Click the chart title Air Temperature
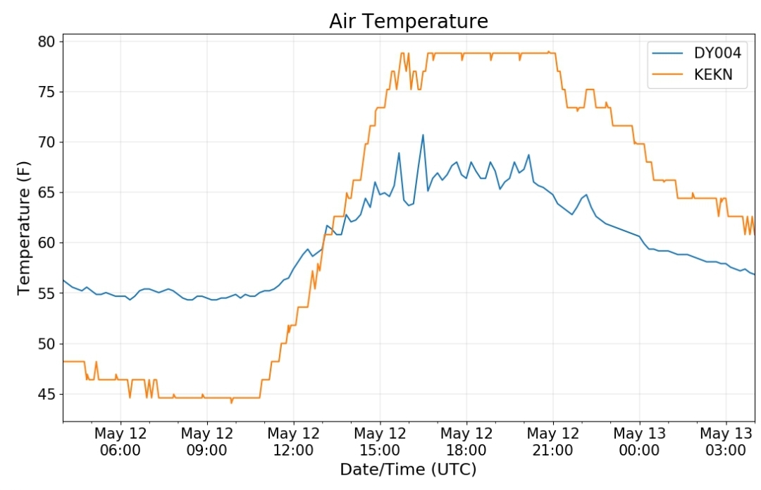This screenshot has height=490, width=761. coord(408,21)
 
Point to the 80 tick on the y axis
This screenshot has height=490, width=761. coord(47,42)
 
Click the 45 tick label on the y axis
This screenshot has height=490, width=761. coord(47,394)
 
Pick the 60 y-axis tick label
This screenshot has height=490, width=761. coord(47,243)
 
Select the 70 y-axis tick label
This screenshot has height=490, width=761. coord(47,142)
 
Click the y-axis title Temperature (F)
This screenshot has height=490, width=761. coord(25,228)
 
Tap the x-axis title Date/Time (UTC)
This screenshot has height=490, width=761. coord(408,470)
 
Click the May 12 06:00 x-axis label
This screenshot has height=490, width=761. coord(120,441)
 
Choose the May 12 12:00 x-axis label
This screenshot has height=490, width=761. coord(293,441)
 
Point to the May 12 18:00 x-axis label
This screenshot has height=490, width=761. coord(466,441)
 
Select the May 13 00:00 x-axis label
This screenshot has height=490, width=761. coord(639,441)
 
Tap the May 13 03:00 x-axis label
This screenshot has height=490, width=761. coord(726,441)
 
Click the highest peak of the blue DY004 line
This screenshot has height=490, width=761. coord(423,135)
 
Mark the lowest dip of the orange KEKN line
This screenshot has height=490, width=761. coord(231,403)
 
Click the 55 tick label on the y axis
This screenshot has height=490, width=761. coord(47,293)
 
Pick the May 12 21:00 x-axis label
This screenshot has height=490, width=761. coord(552,441)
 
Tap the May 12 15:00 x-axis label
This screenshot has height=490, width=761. coord(380,441)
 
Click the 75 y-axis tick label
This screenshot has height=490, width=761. coord(47,92)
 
